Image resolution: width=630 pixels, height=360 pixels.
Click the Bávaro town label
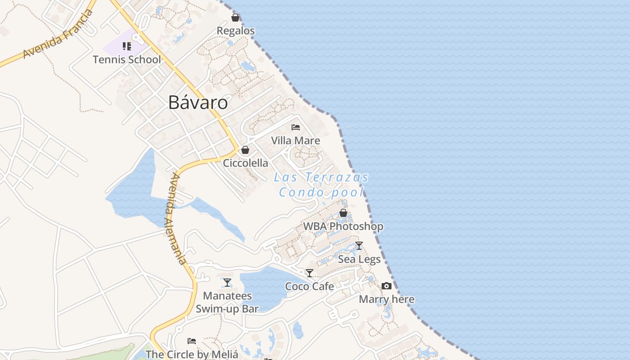point(198,103)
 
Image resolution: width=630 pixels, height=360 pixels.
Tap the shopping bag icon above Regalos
point(235,18)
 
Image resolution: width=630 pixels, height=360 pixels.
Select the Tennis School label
point(127,59)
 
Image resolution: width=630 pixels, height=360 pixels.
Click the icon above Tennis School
point(127,46)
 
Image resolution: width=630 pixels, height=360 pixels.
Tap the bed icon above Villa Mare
point(296,127)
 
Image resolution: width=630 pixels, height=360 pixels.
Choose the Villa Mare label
point(296,140)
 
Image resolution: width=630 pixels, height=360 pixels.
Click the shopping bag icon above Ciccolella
point(245,150)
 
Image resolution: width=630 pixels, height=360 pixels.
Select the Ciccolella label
point(246,163)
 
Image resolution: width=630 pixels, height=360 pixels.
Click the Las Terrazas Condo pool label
point(321,185)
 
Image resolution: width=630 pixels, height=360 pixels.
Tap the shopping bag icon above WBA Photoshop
point(343,213)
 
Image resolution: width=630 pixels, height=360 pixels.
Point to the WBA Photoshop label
point(343,226)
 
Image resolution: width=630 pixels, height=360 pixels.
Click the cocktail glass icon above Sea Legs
point(359,246)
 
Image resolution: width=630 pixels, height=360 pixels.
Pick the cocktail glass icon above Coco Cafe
point(310,273)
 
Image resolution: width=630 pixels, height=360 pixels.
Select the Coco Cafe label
point(310,286)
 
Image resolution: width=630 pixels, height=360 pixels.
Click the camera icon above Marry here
point(387,286)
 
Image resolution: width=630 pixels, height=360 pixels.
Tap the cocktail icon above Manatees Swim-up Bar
point(227,283)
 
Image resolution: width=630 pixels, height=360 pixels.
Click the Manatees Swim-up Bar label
point(227,302)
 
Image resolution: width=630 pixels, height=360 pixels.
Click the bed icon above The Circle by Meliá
point(192,341)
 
